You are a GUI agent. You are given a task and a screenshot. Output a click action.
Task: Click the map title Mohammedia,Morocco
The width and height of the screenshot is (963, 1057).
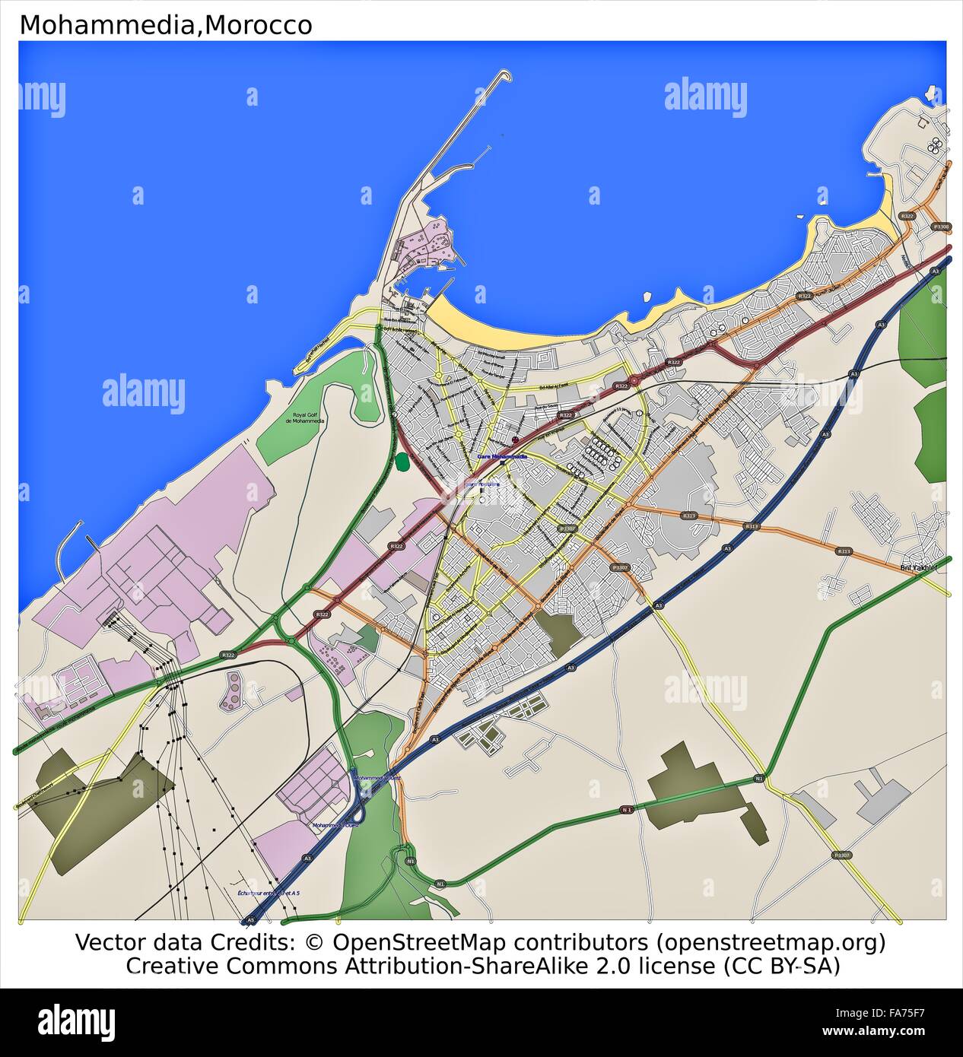point(165,25)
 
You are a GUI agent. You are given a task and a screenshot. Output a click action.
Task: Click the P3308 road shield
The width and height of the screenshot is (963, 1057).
point(941,227)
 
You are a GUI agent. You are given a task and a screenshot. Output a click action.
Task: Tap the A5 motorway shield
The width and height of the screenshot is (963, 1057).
point(249,920)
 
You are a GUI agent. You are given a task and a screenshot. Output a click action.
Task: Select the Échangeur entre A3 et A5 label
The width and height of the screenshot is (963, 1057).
point(269,892)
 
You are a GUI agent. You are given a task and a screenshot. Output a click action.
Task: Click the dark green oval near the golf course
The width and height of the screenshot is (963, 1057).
point(402,462)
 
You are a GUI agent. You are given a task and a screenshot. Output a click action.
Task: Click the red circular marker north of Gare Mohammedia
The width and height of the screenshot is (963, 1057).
point(516,440)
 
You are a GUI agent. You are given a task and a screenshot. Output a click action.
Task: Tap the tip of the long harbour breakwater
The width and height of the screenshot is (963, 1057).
point(506,74)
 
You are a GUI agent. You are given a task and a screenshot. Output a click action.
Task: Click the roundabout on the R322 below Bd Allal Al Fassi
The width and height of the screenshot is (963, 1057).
point(634,379)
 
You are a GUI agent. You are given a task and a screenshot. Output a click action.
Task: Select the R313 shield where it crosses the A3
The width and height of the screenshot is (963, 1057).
point(752,526)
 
